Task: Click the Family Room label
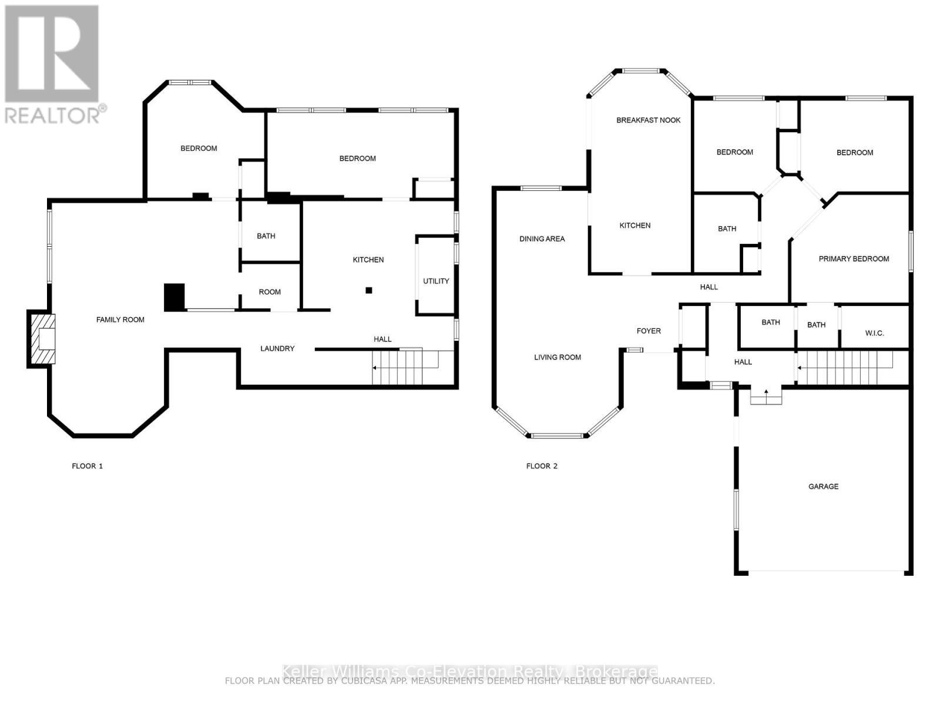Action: pos(120,320)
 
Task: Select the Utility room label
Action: pos(436,281)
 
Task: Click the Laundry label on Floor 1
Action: pos(277,348)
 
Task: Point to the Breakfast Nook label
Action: pos(648,120)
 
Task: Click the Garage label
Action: pos(823,486)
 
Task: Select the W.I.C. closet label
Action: pos(874,333)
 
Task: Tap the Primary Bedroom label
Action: pos(854,258)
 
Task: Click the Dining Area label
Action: pos(542,239)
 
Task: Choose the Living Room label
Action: pos(557,357)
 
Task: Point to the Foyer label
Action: pos(649,331)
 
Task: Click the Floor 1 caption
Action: pos(87,466)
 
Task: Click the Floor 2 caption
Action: pos(542,466)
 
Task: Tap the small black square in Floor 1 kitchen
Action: pos(369,290)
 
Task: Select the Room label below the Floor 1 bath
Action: pos(270,292)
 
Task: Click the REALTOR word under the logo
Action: pos(53,115)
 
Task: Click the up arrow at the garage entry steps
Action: pos(766,392)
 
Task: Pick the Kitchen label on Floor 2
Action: pos(634,226)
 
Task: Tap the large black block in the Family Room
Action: pos(174,297)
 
